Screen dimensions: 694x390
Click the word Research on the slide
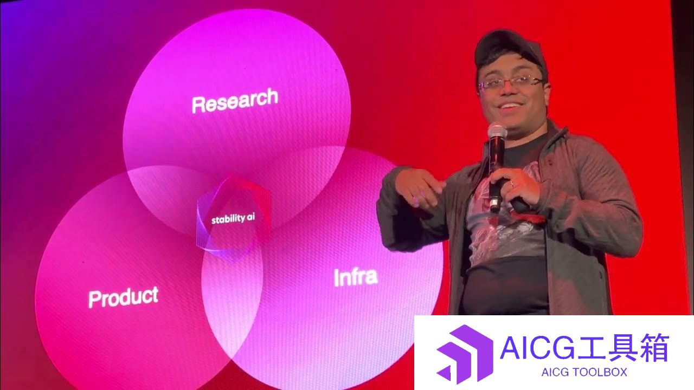(235, 100)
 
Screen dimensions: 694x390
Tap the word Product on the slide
(123, 297)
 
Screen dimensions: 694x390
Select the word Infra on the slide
(356, 277)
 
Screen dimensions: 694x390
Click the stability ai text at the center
(233, 219)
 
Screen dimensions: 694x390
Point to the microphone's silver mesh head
(497, 131)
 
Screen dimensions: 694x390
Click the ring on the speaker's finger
(512, 184)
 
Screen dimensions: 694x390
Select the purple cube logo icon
(465, 353)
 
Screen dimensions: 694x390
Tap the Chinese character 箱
(653, 347)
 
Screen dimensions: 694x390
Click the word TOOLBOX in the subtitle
(598, 372)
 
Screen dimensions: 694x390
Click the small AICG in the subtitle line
(554, 372)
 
